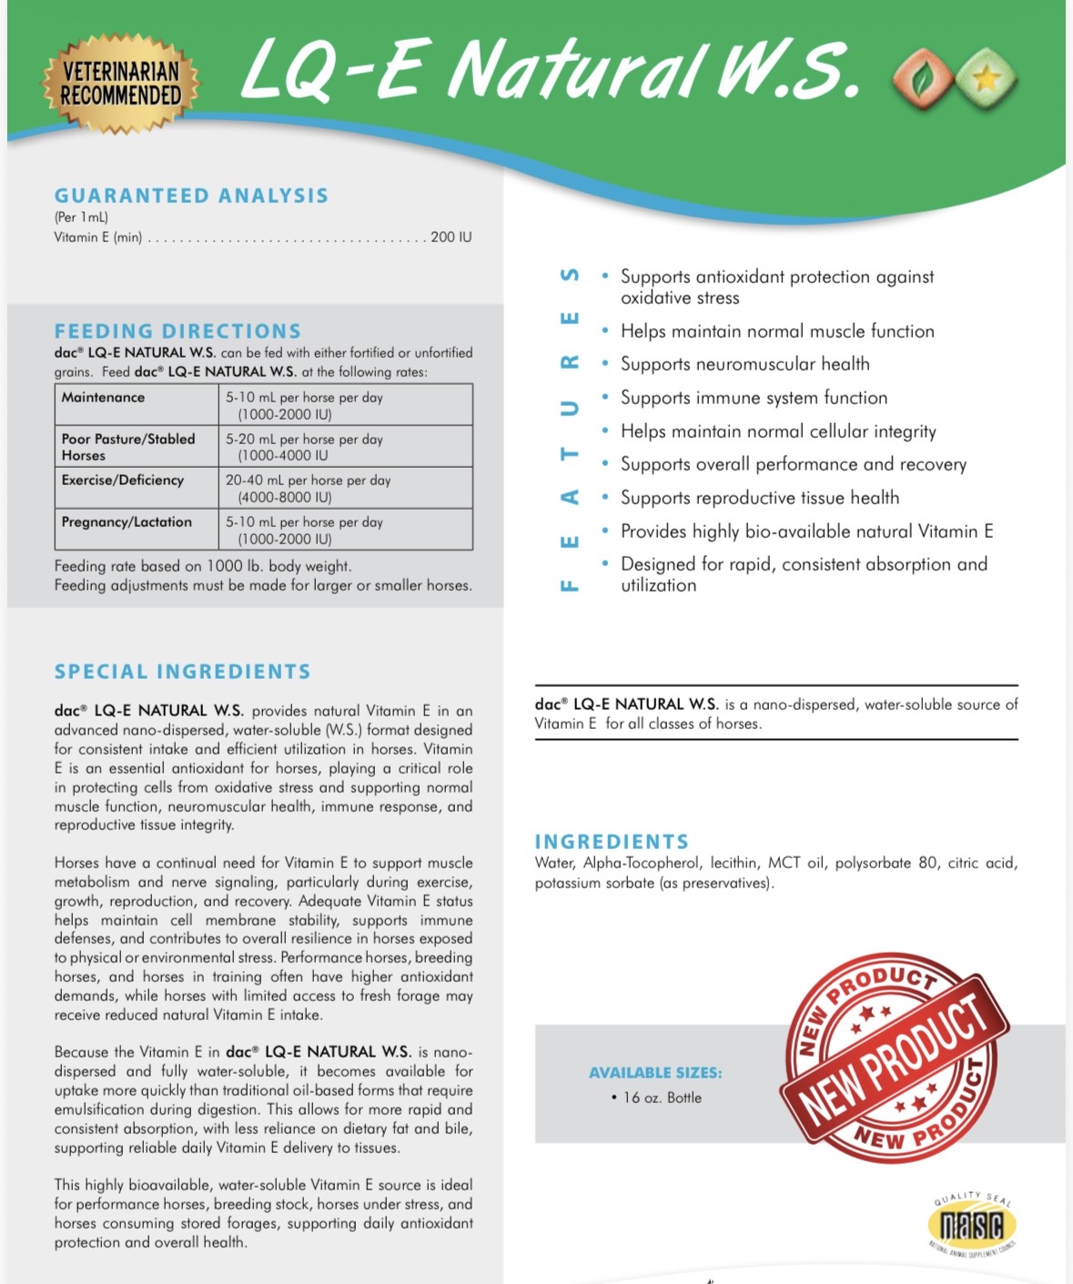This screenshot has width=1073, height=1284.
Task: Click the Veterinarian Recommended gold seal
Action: point(120,84)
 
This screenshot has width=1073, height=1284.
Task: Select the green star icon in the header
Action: point(985,80)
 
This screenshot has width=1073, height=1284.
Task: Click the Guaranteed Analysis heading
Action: point(191,196)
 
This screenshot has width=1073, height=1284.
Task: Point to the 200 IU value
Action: point(450,237)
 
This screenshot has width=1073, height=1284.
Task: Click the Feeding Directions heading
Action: point(177,331)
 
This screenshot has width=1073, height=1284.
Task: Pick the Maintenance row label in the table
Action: point(103,398)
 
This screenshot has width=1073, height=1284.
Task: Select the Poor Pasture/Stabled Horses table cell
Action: point(128,447)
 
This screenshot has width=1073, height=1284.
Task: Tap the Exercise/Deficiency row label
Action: point(123,480)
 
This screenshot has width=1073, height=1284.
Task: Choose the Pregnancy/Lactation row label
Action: point(127,522)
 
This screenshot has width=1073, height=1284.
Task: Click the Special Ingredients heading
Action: point(182,672)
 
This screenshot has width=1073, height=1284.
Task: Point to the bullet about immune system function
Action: point(754,398)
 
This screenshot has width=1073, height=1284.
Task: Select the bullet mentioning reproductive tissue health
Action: point(759,498)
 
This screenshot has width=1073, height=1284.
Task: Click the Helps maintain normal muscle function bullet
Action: point(777,331)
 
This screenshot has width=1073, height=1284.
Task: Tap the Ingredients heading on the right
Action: point(612,842)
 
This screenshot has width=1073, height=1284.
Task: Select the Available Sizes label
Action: point(655,1073)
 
